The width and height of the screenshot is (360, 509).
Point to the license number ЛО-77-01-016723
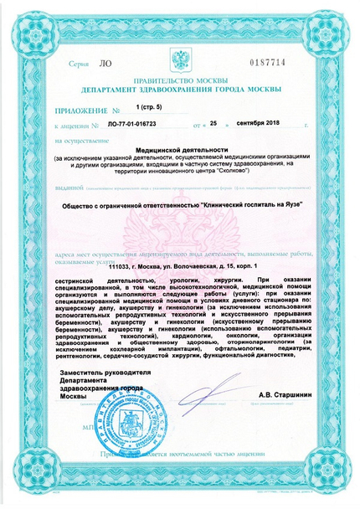pos(138,122)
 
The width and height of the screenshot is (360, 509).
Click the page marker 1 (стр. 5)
pos(152,108)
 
